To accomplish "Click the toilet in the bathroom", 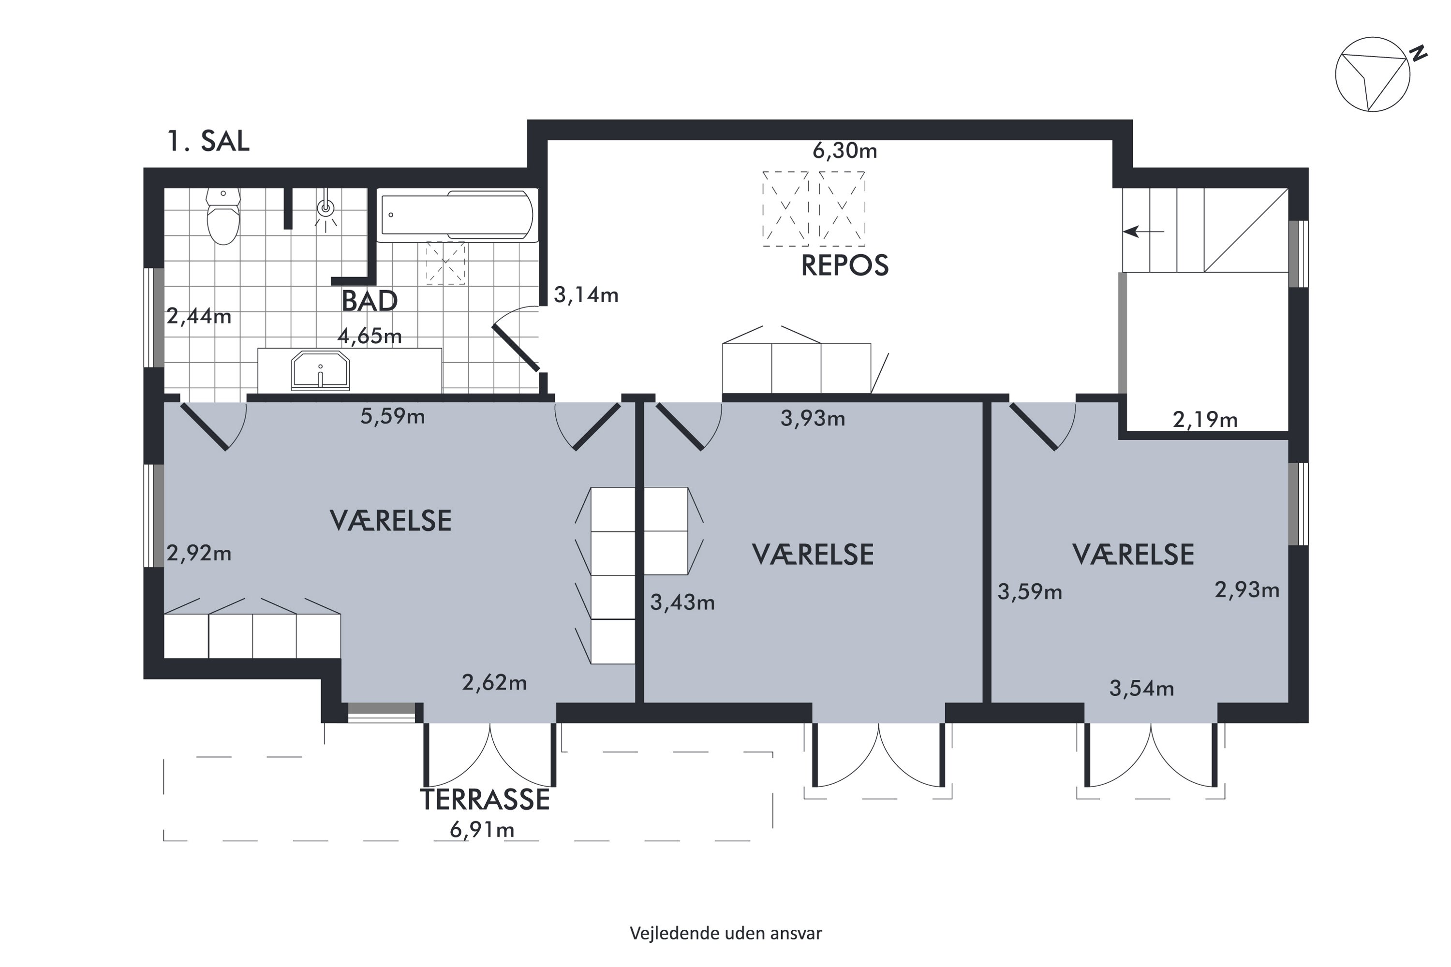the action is pos(222,217).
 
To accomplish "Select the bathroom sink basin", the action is pos(320,371).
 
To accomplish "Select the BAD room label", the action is pos(370,301).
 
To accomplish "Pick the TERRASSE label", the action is pos(485,799).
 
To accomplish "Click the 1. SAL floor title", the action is pos(208,141).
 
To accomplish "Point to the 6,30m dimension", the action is pos(844,150).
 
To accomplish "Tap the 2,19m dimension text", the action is pos(1205,420).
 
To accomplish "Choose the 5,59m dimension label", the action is pos(393,416).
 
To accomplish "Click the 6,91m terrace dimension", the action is pos(482,830).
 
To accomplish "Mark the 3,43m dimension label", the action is pos(682,602).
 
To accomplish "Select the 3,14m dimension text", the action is pos(586,295).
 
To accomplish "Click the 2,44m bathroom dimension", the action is pos(199,316).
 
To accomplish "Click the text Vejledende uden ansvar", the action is pos(725,933).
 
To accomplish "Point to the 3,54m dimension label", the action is pos(1142,688).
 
